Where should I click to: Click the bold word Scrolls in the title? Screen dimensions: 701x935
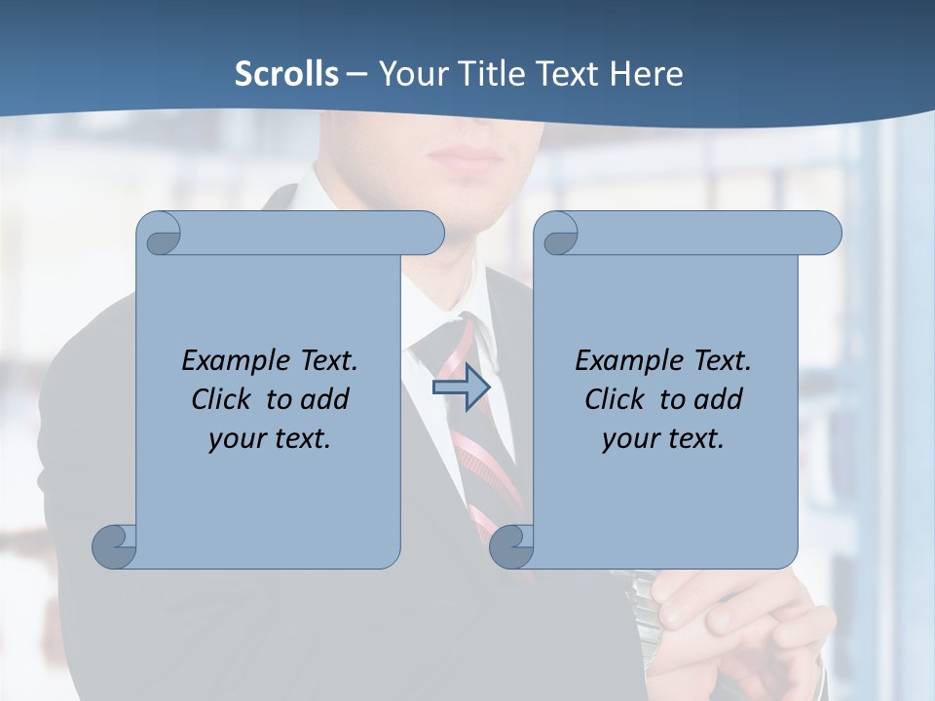(x=287, y=73)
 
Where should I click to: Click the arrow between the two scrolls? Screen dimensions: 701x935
(x=461, y=387)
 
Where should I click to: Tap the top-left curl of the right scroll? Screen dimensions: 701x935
(x=558, y=235)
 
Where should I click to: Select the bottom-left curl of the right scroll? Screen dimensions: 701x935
(x=512, y=546)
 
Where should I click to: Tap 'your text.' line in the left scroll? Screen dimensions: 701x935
(x=270, y=438)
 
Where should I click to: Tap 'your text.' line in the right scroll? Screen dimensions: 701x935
(x=663, y=438)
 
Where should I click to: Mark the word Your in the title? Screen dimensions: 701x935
(x=409, y=73)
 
